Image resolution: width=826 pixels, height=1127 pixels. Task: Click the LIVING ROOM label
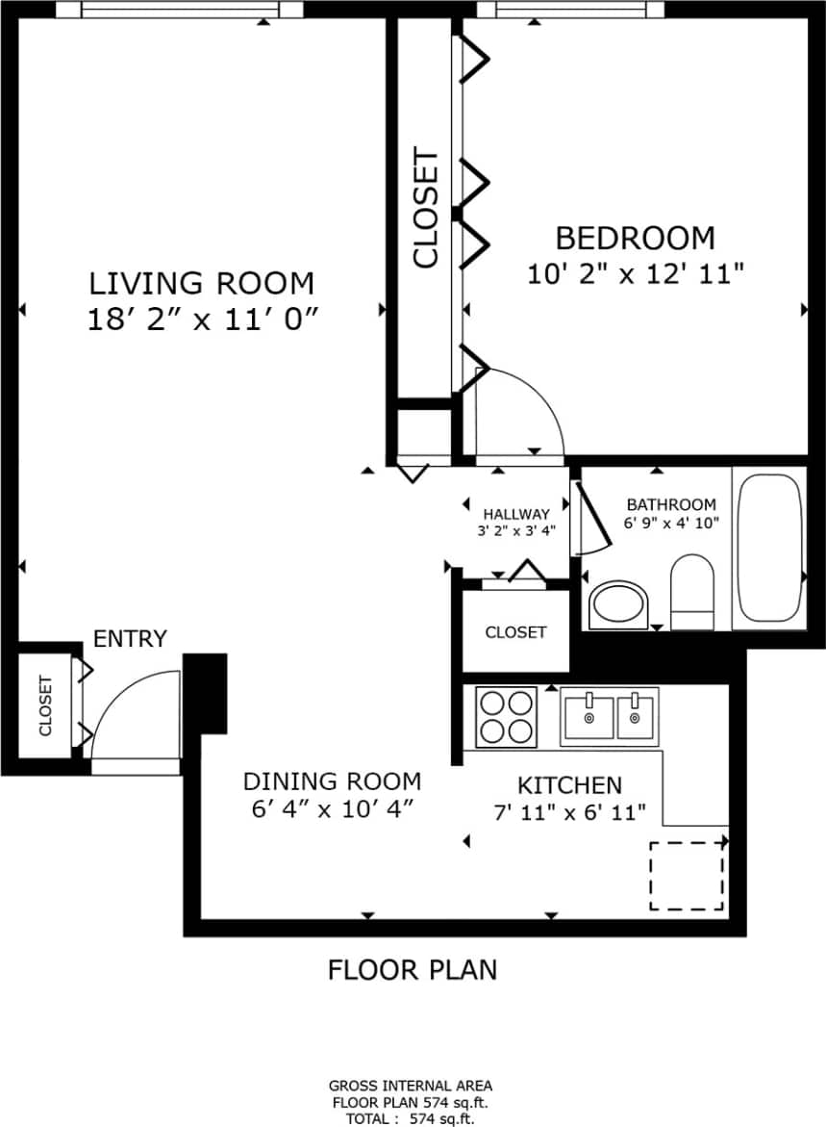(201, 284)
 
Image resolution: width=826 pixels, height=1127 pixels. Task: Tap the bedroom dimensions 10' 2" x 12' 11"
(636, 274)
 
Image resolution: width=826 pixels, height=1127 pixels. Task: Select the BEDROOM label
(636, 237)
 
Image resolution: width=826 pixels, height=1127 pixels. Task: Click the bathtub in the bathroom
(768, 547)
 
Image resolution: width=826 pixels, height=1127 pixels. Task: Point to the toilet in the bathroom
(691, 591)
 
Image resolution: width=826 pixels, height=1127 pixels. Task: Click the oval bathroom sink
(617, 604)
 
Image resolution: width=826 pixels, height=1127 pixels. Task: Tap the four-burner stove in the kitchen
(506, 716)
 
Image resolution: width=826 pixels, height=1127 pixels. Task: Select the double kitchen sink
(610, 717)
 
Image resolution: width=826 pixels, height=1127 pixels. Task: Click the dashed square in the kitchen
(687, 875)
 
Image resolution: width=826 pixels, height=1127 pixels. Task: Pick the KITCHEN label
(569, 784)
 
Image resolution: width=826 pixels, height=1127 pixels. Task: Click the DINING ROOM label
(331, 781)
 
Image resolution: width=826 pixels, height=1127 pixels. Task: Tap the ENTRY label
(130, 639)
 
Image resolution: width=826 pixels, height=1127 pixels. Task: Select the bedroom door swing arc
(520, 413)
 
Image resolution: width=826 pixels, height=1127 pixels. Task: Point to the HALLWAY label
(516, 514)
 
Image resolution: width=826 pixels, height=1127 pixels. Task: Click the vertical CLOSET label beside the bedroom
(425, 208)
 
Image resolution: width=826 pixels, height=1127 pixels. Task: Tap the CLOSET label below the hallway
(515, 632)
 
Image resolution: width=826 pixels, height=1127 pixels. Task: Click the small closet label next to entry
(45, 705)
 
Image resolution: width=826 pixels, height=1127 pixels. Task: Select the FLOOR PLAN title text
(413, 969)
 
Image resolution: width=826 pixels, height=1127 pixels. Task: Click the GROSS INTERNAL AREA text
(411, 1086)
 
